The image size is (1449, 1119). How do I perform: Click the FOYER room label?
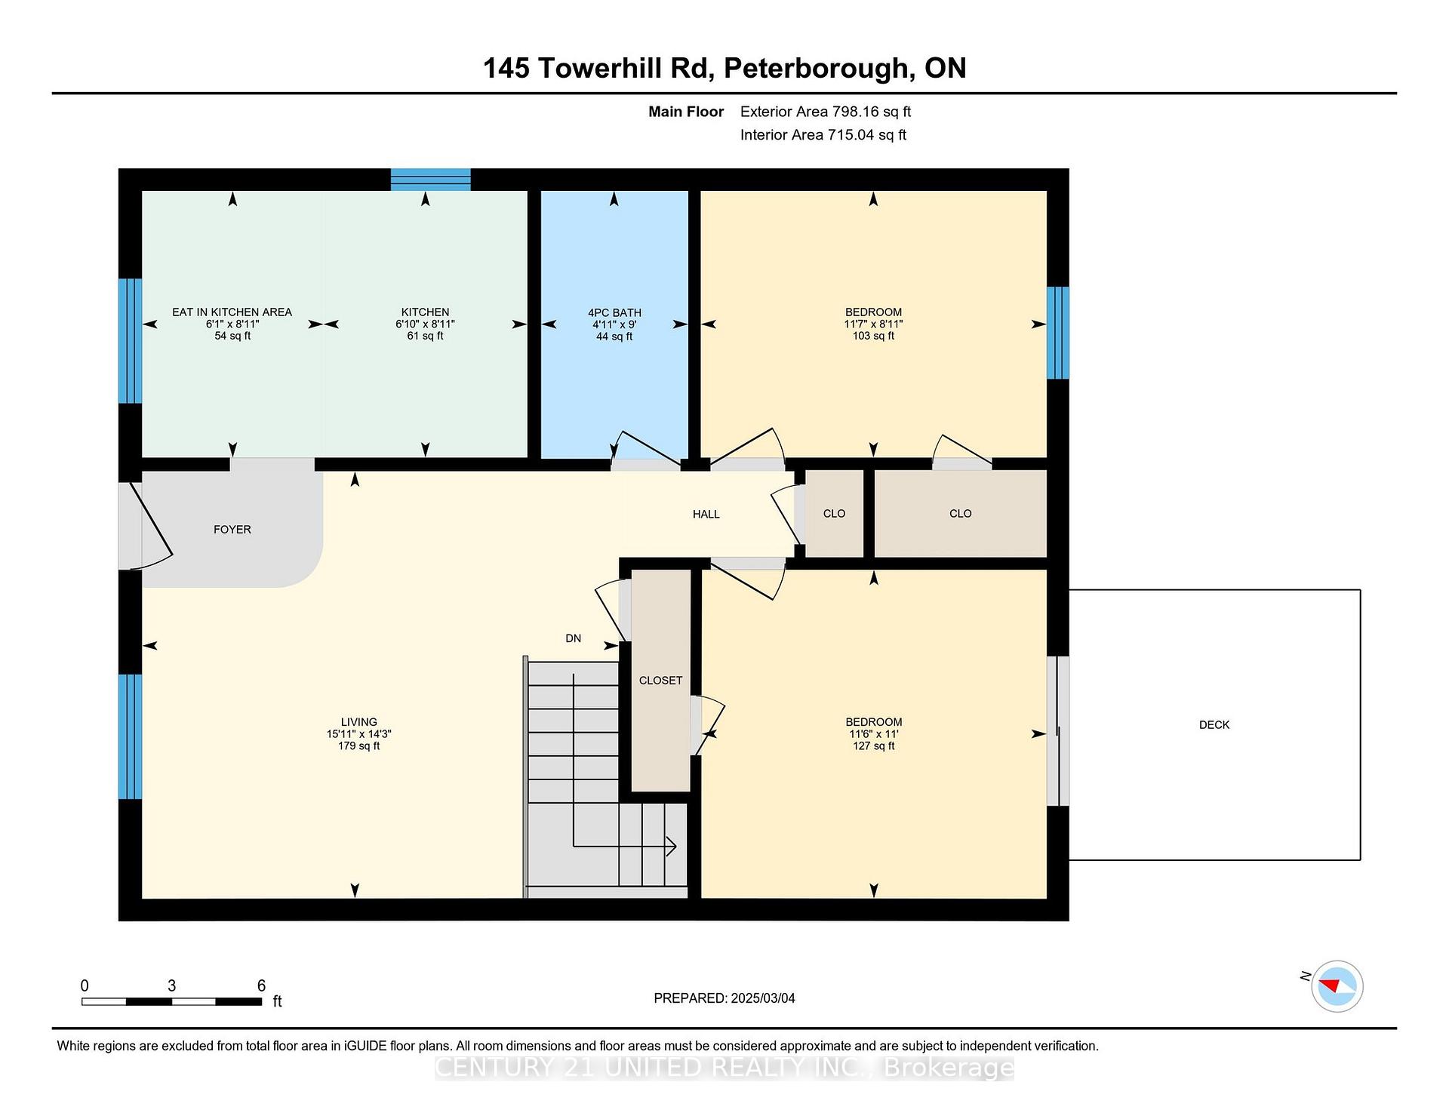(232, 530)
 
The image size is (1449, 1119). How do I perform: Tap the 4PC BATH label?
(614, 312)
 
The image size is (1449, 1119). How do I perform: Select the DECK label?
(1214, 725)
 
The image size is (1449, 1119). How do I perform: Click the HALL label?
(706, 515)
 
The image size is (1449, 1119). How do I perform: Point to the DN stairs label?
(574, 638)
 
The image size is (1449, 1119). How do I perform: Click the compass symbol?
(1337, 986)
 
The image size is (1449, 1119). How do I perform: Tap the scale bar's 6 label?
(261, 985)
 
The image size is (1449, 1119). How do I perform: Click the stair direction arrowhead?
(670, 847)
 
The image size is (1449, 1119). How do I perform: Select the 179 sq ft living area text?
(358, 746)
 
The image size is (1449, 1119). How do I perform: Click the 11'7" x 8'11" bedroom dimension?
(873, 324)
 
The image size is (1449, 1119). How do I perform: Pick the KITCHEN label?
(425, 312)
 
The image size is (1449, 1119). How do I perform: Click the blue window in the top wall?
(431, 180)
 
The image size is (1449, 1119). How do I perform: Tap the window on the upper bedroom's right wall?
(1058, 333)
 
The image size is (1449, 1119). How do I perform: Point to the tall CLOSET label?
(660, 681)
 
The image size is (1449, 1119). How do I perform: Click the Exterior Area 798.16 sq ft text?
(826, 112)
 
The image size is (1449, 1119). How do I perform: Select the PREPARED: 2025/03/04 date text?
(724, 998)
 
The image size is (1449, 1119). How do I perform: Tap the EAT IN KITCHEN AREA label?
(232, 312)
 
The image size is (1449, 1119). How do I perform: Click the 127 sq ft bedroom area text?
(874, 746)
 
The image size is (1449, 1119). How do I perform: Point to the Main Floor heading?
(686, 112)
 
